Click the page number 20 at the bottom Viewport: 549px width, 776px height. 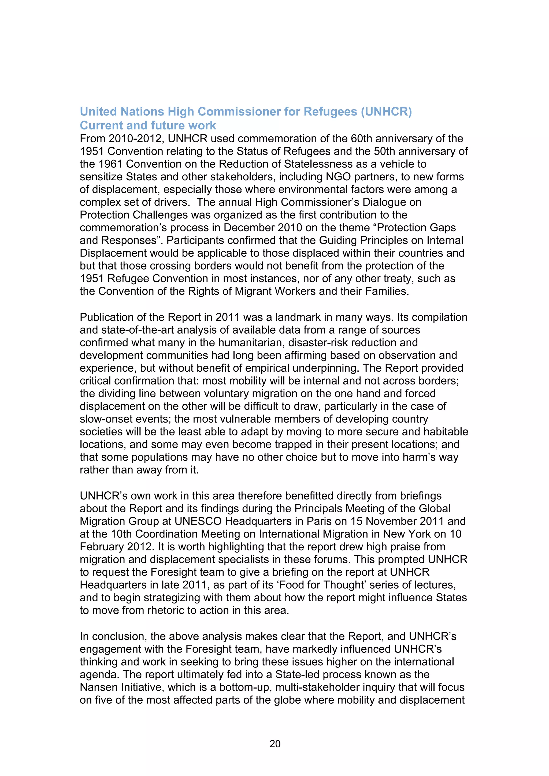274,744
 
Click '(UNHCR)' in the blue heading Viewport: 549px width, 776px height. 386,111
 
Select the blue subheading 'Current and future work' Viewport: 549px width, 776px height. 148,125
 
